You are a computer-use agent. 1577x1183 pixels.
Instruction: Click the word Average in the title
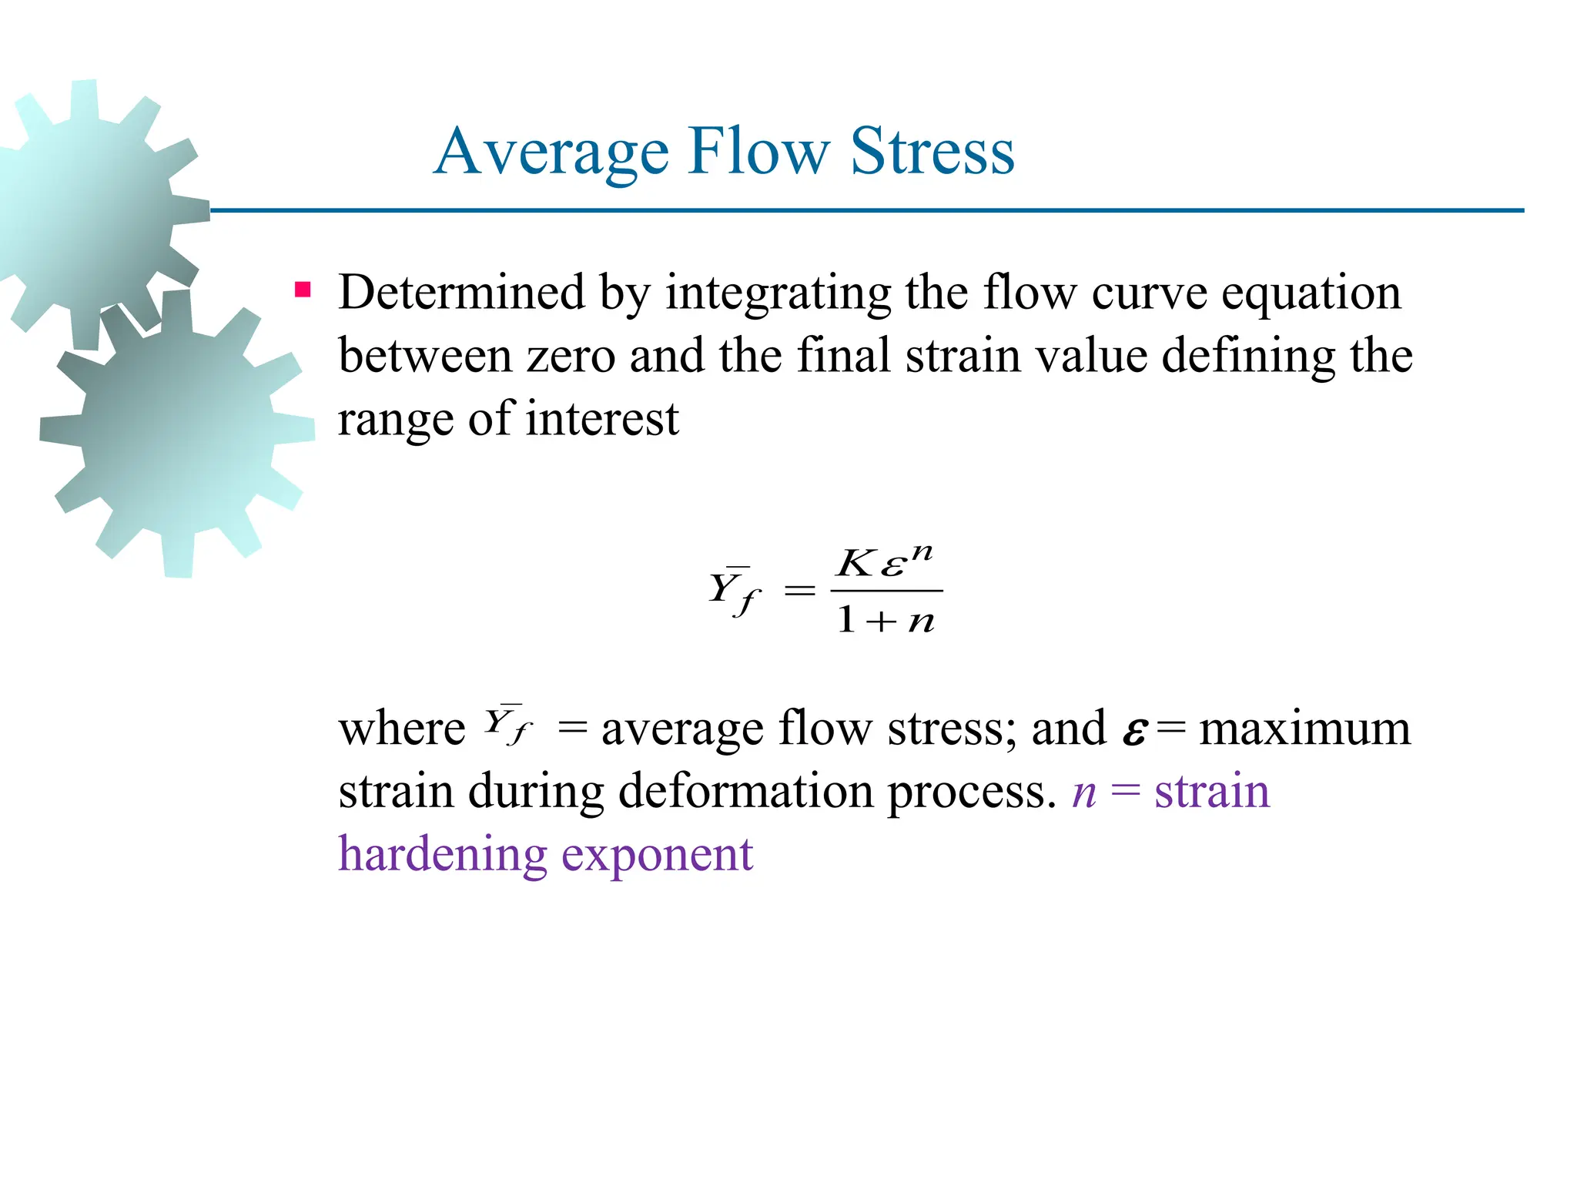[x=551, y=152]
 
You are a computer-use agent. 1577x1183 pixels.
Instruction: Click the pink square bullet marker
[x=303, y=290]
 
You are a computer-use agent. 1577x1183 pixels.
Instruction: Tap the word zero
[x=571, y=356]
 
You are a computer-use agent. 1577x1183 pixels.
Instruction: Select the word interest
[x=602, y=420]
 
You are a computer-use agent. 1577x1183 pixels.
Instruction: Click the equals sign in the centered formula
[x=799, y=591]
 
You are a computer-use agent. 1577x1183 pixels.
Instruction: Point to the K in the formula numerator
[x=855, y=563]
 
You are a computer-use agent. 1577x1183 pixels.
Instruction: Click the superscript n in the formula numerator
[x=921, y=553]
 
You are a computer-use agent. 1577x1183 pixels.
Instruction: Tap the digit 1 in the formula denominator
[x=845, y=619]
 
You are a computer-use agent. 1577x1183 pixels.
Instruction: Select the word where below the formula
[x=402, y=728]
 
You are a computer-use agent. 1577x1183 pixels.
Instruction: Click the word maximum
[x=1305, y=728]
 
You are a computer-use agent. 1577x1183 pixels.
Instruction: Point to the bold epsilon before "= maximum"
[x=1133, y=732]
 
